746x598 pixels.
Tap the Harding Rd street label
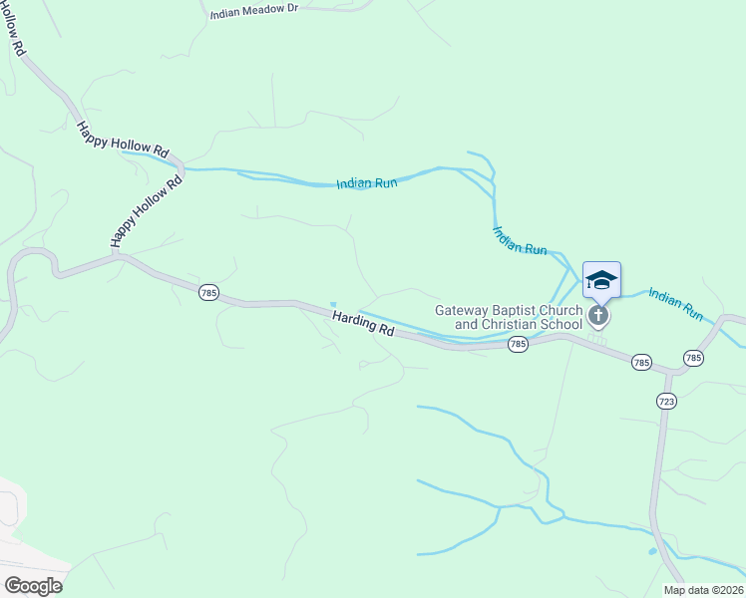(363, 326)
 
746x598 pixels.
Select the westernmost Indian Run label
(367, 183)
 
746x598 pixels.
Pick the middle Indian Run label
(520, 240)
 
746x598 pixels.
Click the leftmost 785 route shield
(207, 292)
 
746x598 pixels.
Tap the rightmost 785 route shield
(694, 357)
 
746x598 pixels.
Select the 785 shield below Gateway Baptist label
(517, 344)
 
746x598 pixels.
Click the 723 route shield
(667, 401)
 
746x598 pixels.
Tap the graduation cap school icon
(601, 279)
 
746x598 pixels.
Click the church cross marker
(598, 317)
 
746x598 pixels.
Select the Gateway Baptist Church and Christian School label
(508, 317)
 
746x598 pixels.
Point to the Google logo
(32, 586)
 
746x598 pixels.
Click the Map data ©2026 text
(703, 590)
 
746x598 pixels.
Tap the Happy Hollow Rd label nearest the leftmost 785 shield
(148, 211)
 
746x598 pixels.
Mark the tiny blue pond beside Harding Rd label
(333, 305)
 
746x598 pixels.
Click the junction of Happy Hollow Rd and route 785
(117, 255)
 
